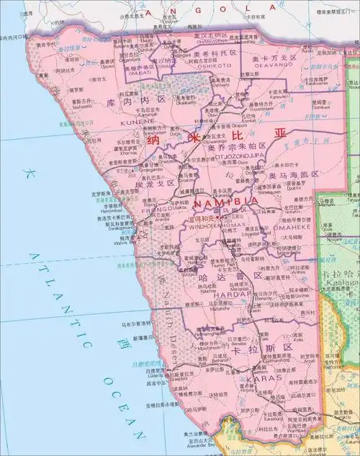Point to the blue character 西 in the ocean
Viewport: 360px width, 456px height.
click(127, 343)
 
